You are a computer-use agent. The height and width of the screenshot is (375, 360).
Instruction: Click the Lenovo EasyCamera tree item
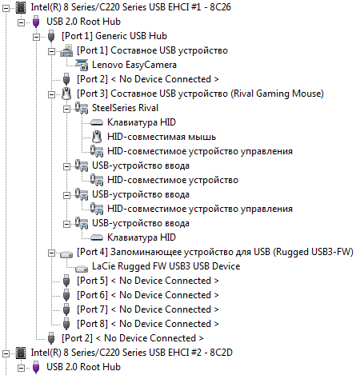pyautogui.click(x=134, y=65)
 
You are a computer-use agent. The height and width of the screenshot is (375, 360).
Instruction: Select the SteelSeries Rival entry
pyautogui.click(x=125, y=108)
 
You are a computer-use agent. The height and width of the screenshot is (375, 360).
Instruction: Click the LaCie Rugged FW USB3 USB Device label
pyautogui.click(x=166, y=266)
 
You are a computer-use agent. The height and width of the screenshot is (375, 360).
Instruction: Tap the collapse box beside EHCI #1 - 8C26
pyautogui.click(x=6, y=8)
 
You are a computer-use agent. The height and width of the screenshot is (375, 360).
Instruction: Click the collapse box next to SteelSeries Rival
pyautogui.click(x=66, y=109)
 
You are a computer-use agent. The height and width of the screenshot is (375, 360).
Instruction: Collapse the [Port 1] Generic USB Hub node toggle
pyautogui.click(x=36, y=37)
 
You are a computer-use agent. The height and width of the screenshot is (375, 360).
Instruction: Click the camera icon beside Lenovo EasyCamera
pyautogui.click(x=82, y=65)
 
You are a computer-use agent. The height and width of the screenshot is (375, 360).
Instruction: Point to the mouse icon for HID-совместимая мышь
pyautogui.click(x=97, y=137)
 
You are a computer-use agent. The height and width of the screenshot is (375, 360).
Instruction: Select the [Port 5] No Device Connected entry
pyautogui.click(x=148, y=281)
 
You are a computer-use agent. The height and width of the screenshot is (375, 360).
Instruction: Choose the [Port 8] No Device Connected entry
pyautogui.click(x=148, y=324)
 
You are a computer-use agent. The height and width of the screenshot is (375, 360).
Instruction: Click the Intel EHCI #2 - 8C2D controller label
pyautogui.click(x=131, y=353)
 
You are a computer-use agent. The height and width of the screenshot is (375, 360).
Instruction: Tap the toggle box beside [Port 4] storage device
pyautogui.click(x=51, y=253)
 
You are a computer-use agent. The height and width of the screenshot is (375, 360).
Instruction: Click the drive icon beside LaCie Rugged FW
pyautogui.click(x=82, y=268)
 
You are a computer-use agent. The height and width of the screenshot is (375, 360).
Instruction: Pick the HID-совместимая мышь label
pyautogui.click(x=162, y=137)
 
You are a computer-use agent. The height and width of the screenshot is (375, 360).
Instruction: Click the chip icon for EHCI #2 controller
pyautogui.click(x=21, y=353)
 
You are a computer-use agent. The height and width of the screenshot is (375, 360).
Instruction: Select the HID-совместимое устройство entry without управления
pyautogui.click(x=173, y=180)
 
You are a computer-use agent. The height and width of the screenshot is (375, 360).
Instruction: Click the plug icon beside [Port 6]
pyautogui.click(x=66, y=295)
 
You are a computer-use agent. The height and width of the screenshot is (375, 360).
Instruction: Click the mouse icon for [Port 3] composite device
pyautogui.click(x=66, y=94)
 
